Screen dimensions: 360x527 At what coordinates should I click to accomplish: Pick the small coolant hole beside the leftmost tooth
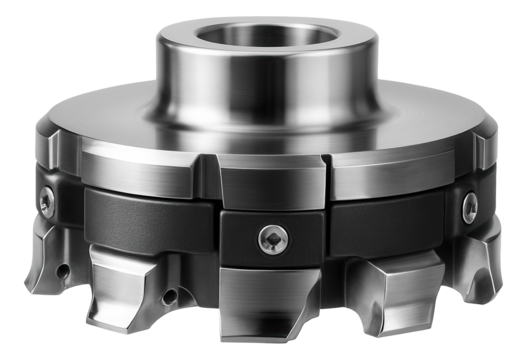63,269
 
